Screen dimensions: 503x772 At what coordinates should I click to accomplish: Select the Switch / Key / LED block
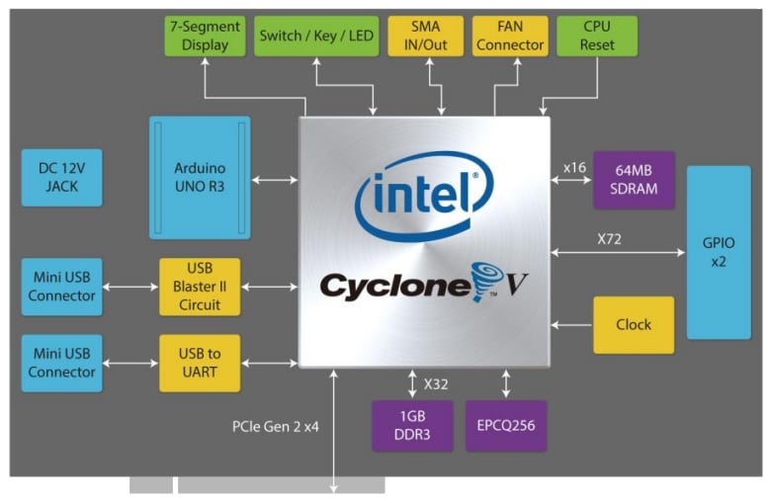tap(316, 36)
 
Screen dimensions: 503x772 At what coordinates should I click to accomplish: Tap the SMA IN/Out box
tap(425, 36)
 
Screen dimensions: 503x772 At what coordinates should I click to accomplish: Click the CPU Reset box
tap(597, 36)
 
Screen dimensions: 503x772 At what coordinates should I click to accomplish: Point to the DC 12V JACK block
tap(61, 178)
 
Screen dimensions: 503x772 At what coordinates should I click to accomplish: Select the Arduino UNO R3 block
tap(199, 178)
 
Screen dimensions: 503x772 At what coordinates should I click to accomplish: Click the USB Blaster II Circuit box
tap(199, 287)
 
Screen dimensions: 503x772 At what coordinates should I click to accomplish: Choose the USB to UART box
tap(199, 363)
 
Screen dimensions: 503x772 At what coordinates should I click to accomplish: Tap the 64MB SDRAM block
tap(634, 180)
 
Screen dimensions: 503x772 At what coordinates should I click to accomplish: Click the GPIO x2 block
tap(719, 252)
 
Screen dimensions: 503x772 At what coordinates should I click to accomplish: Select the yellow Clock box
tap(634, 324)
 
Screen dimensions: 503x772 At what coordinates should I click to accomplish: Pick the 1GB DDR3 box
tap(411, 426)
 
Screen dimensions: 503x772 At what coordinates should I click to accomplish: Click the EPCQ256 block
tap(506, 426)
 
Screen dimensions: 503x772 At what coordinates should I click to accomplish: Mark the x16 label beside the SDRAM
tap(574, 167)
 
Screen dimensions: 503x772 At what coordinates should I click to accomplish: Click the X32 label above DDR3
tap(436, 382)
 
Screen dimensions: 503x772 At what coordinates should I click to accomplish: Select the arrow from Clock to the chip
tap(571, 324)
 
